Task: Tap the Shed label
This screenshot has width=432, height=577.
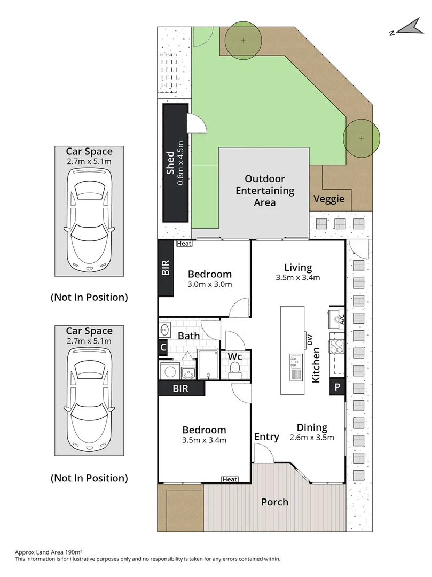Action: (x=170, y=163)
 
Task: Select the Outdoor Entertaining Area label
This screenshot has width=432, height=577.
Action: (x=264, y=190)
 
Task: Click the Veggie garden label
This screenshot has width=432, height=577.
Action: (x=328, y=199)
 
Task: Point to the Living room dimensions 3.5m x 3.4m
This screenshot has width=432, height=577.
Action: (x=297, y=277)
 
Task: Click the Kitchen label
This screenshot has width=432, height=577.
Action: (x=316, y=364)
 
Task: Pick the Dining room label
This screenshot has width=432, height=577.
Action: (x=312, y=427)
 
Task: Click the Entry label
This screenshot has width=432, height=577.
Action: (x=266, y=436)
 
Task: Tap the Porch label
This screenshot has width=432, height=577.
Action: (x=274, y=502)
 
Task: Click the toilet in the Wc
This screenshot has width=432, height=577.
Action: (x=234, y=368)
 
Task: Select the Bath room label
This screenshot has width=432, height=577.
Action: (x=188, y=336)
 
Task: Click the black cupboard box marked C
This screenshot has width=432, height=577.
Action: (x=163, y=347)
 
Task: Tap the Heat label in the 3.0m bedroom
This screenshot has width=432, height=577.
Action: (x=184, y=244)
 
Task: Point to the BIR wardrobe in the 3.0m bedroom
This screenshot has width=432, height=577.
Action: (x=166, y=268)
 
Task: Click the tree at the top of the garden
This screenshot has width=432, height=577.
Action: (x=243, y=41)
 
